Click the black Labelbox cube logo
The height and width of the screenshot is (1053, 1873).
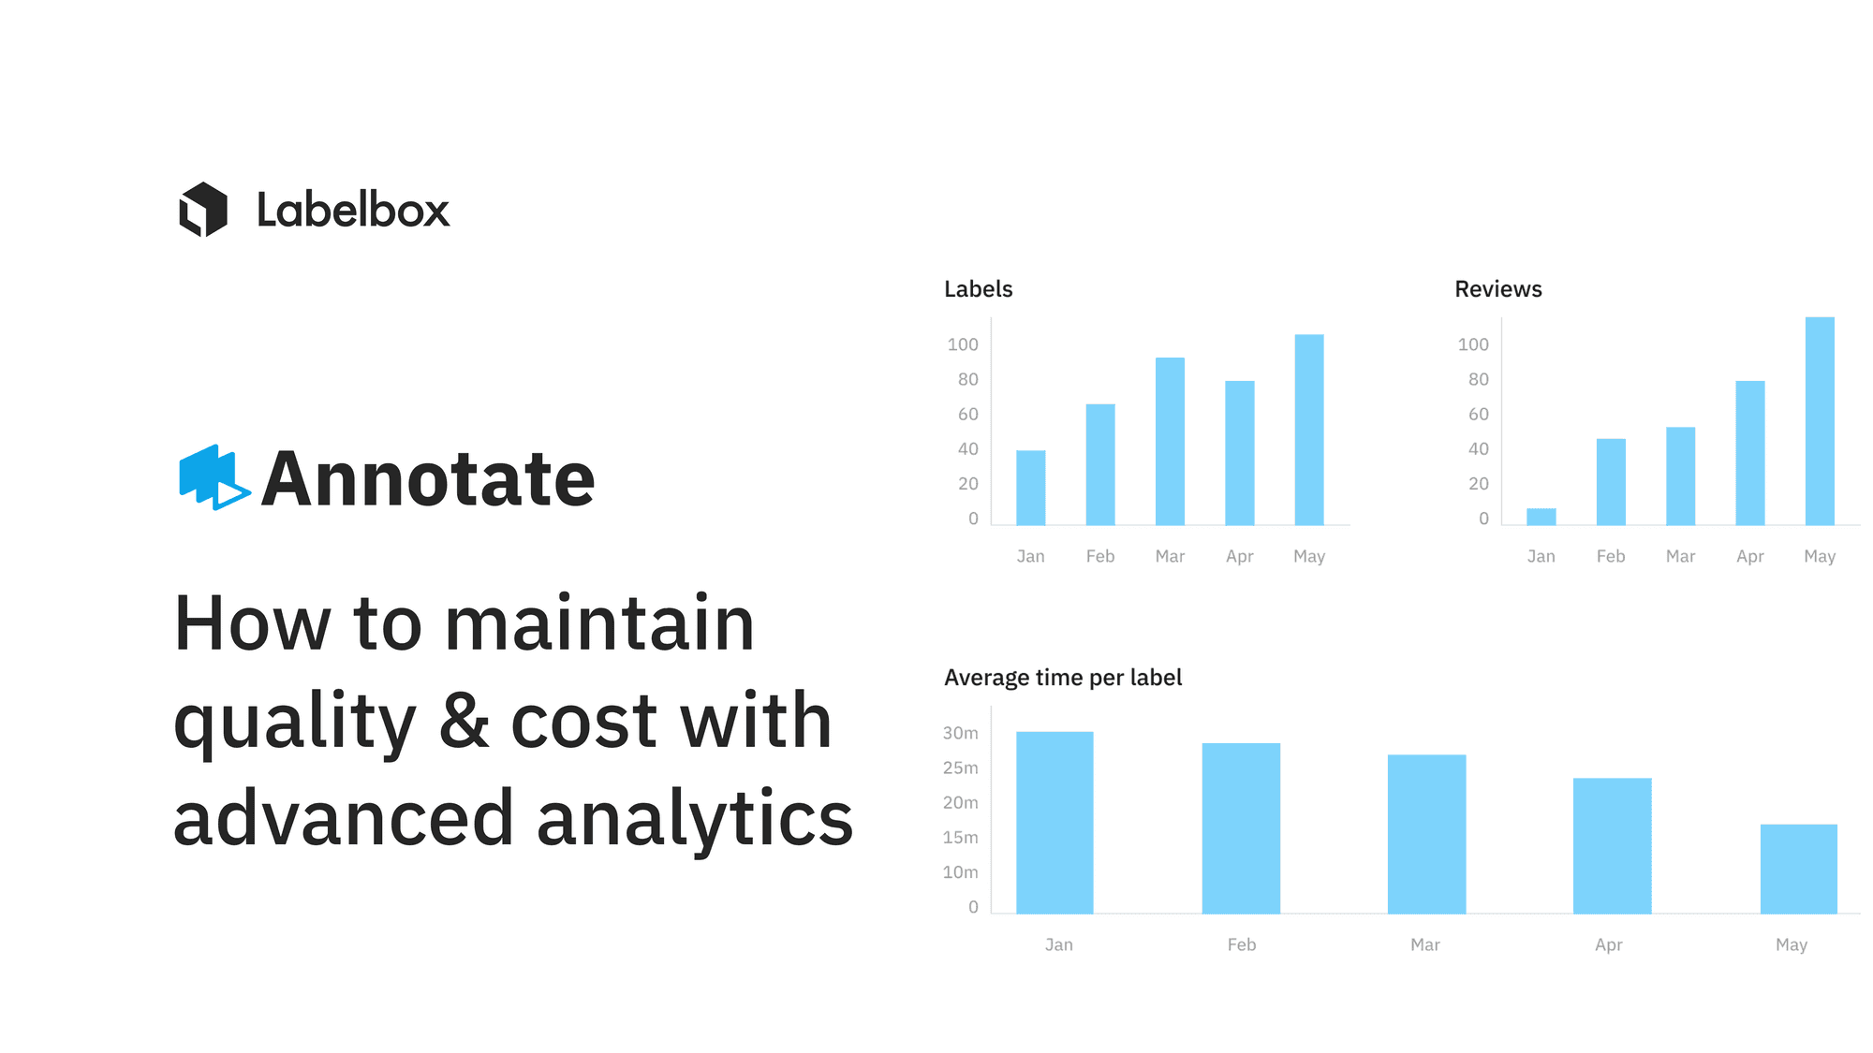coord(203,210)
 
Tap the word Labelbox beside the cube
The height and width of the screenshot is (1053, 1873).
coord(353,210)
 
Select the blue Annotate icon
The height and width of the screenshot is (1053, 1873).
coord(214,477)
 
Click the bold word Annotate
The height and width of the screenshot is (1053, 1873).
coord(428,479)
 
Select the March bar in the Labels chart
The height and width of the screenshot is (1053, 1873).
coord(1170,441)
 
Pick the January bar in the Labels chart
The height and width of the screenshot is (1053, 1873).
coord(1031,488)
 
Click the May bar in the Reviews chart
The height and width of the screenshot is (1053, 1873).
coord(1820,421)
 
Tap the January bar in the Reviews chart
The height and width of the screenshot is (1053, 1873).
coord(1541,517)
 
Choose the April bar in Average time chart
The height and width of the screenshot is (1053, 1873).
coord(1613,846)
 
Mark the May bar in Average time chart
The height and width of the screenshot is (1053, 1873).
coord(1799,869)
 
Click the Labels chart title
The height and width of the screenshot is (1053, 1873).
coord(979,289)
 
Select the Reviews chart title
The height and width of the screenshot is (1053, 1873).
coord(1498,289)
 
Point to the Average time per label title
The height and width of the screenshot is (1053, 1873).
coord(1063,678)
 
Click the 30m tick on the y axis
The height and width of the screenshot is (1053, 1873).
coord(961,733)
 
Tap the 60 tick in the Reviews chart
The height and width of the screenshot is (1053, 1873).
coord(1479,414)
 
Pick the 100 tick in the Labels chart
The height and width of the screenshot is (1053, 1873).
coord(963,344)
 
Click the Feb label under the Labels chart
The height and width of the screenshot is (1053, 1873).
coord(1100,556)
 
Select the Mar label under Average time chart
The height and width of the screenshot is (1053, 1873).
coord(1425,944)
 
